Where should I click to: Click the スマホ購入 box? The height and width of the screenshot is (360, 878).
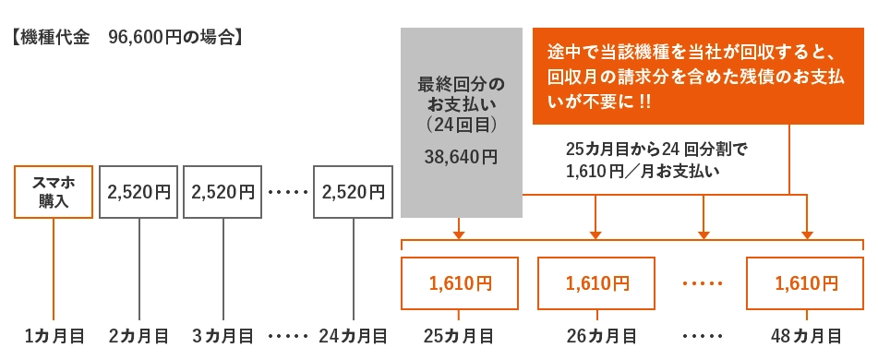[x=54, y=192]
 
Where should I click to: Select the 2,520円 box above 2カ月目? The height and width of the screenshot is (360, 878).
[x=138, y=192]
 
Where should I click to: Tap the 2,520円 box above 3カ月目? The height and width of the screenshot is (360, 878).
[x=223, y=192]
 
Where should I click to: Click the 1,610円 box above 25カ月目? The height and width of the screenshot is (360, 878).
[x=460, y=283]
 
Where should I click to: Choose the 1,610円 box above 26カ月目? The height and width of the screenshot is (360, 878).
[x=596, y=283]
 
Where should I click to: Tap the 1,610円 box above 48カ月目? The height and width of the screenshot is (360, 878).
[x=806, y=283]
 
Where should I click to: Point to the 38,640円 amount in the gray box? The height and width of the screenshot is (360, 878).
[x=461, y=158]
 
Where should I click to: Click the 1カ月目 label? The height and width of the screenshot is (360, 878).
[x=54, y=335]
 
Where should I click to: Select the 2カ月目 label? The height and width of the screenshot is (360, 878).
[x=138, y=335]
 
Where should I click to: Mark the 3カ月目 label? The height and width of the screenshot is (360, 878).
[x=223, y=335]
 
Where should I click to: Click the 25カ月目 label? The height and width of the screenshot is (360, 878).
[x=459, y=335]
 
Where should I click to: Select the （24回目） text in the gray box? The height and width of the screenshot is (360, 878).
[x=461, y=122]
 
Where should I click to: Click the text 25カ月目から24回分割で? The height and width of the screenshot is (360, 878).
[x=655, y=148]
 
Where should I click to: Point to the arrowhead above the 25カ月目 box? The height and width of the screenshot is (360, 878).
[x=459, y=234]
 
